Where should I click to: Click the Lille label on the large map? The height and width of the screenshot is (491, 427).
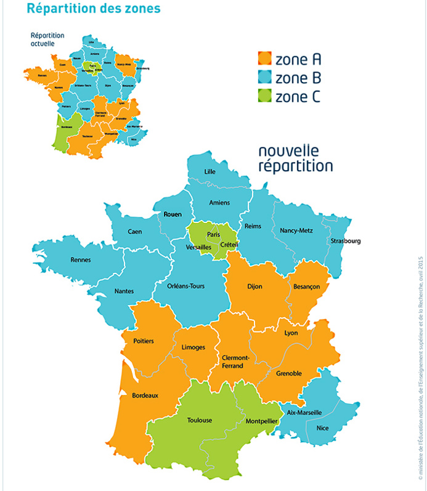(x=209, y=171)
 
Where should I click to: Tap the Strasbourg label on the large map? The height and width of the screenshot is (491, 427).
(x=345, y=241)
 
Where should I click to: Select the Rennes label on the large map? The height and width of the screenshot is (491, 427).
(x=81, y=260)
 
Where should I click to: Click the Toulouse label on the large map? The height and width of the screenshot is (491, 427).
(x=199, y=420)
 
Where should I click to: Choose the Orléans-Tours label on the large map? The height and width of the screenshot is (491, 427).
(x=185, y=286)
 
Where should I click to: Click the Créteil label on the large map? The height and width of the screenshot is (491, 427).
(x=229, y=245)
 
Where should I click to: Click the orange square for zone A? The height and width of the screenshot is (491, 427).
(x=264, y=59)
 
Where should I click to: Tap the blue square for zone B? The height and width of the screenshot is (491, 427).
(x=264, y=78)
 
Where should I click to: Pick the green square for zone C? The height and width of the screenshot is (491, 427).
(x=264, y=96)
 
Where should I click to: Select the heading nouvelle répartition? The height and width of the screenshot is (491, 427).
(x=295, y=158)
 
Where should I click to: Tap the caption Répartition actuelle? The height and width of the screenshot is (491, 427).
(x=47, y=39)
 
